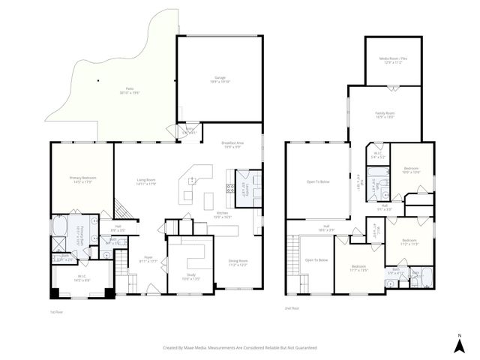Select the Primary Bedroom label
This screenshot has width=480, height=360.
81,180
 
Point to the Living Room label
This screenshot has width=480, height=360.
145,181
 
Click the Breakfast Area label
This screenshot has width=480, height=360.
231,145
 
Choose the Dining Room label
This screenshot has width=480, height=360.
238,262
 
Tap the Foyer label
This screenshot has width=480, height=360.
149,259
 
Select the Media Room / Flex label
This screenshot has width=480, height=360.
393,60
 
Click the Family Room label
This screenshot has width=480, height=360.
385,115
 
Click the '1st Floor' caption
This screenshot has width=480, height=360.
56,310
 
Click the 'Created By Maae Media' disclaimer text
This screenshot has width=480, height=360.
241,348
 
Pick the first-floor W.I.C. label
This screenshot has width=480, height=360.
81,278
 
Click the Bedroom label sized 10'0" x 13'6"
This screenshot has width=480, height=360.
412,170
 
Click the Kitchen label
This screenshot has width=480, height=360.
223,214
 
